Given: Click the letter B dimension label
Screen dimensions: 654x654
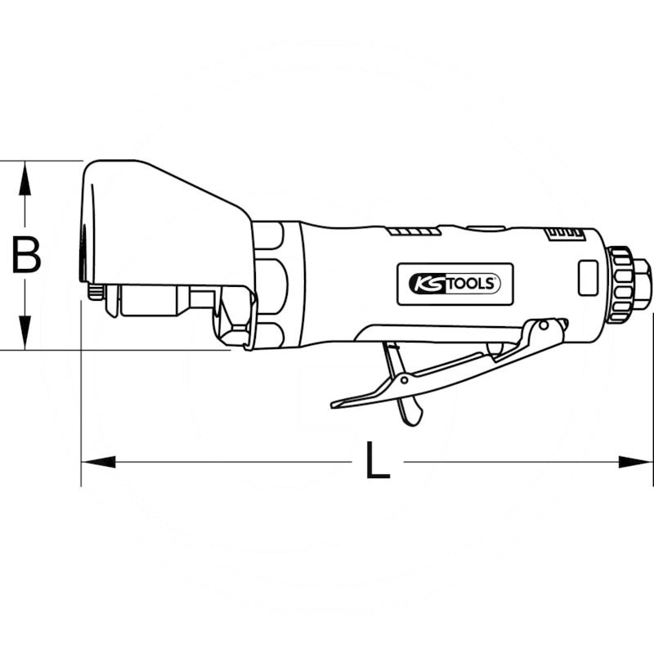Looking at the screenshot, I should click(26, 255).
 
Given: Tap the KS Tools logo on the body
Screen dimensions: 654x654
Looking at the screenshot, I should click(455, 284).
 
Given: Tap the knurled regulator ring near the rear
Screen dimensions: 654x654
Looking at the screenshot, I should click(623, 278).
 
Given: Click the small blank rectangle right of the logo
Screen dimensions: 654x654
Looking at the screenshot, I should click(586, 278).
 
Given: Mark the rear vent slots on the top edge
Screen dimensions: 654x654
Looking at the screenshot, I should click(565, 233).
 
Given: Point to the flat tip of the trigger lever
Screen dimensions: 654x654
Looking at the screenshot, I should click(343, 402).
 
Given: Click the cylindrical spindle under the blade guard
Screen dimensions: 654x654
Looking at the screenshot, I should click(151, 300).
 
